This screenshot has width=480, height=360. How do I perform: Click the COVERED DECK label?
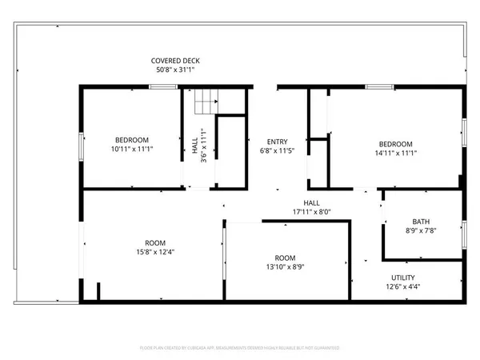click(175, 61)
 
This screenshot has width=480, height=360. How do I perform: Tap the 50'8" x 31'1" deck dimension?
click(175, 70)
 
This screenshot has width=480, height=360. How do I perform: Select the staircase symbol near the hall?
click(206, 101)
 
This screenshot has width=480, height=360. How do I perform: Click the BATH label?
click(420, 222)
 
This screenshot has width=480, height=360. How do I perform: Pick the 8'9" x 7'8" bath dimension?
click(420, 231)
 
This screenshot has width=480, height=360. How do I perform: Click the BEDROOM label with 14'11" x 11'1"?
click(395, 144)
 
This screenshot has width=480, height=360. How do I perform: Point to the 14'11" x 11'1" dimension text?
click(395, 154)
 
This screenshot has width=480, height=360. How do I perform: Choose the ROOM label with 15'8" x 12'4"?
click(154, 243)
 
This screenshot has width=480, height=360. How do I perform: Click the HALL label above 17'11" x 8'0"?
click(311, 202)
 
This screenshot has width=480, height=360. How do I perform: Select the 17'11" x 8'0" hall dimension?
click(311, 212)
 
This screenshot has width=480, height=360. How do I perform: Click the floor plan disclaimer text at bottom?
click(240, 348)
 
